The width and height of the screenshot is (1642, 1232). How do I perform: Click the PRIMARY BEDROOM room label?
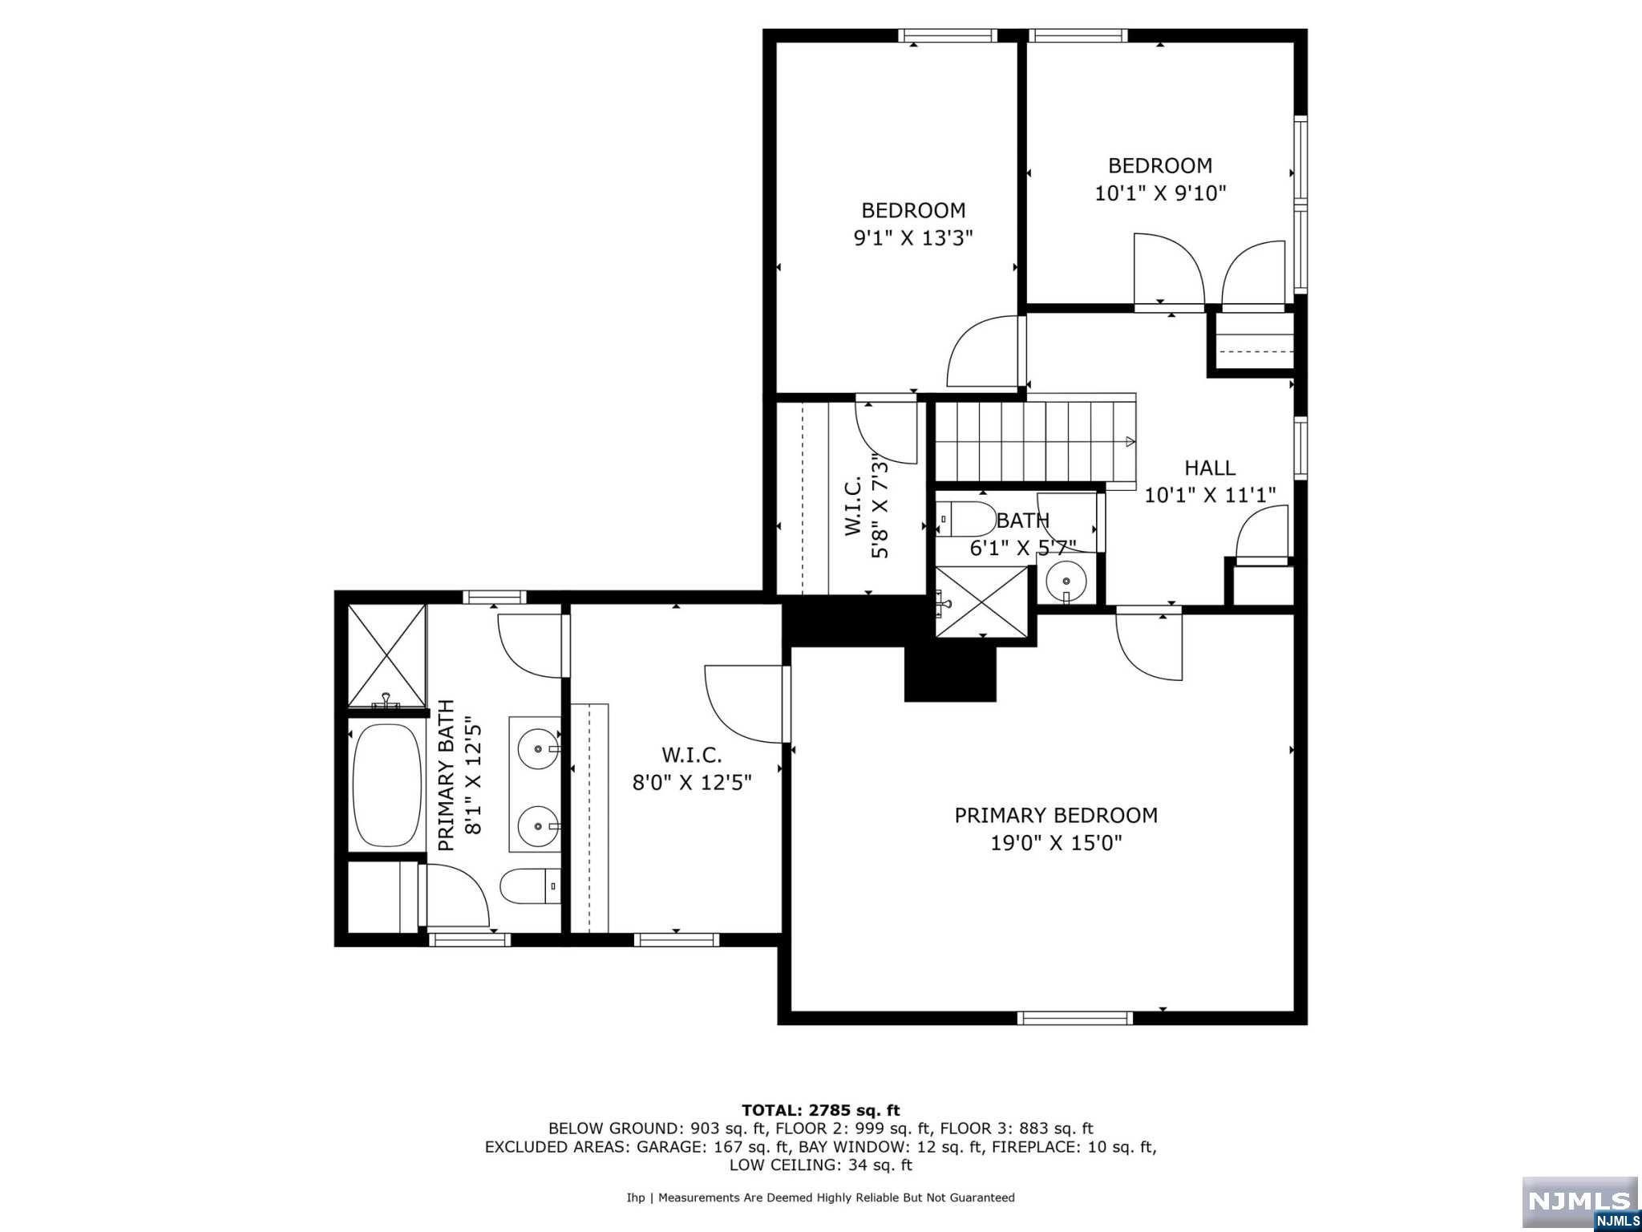tap(1055, 815)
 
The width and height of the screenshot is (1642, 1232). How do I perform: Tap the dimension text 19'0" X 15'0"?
tap(1055, 843)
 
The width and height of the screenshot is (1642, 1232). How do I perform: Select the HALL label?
tap(1209, 468)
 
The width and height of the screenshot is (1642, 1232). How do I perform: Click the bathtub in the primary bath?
tap(387, 785)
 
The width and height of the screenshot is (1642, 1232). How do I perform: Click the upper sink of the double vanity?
tap(537, 748)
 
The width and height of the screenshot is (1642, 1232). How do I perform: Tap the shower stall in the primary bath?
tap(387, 655)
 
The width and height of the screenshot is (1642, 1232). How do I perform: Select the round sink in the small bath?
tap(1066, 580)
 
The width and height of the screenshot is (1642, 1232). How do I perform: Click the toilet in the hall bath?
tap(966, 519)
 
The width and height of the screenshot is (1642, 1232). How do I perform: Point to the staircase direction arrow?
tap(1129, 441)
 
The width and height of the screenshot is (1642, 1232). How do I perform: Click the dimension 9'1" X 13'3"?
tap(912, 238)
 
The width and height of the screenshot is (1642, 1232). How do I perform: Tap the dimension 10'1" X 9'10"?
tap(1160, 193)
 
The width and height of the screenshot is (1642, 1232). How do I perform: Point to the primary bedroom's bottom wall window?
tap(1074, 1018)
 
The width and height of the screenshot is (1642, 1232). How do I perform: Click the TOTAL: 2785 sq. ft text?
tap(820, 1111)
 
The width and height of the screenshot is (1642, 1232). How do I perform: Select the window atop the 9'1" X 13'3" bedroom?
tap(947, 35)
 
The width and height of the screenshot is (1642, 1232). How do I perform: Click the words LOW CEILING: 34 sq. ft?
tap(820, 1165)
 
